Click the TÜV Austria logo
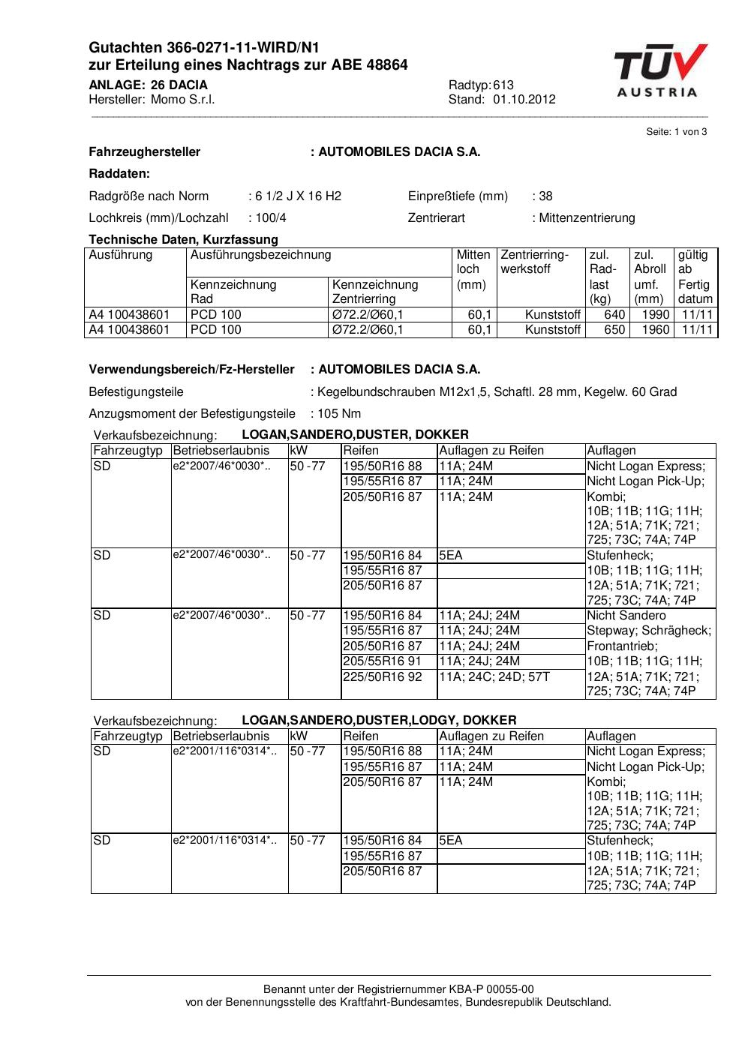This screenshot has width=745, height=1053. click(x=659, y=71)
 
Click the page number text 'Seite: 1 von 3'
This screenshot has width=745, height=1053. click(x=676, y=132)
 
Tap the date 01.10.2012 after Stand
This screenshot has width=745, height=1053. click(x=524, y=100)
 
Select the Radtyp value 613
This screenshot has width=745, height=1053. click(x=503, y=85)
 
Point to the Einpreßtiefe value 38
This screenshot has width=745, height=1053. click(x=545, y=196)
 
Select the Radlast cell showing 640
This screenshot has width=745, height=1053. click(x=614, y=315)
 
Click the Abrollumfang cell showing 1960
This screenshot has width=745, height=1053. click(x=655, y=330)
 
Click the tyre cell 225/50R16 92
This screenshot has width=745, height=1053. click(x=383, y=676)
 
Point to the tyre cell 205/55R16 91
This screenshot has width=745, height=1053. click(x=383, y=661)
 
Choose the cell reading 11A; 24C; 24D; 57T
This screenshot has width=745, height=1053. click(x=494, y=676)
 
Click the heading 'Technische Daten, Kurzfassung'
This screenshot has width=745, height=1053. click(x=183, y=240)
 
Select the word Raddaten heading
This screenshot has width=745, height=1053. click(x=119, y=174)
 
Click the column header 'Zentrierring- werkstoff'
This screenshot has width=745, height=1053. click(x=535, y=262)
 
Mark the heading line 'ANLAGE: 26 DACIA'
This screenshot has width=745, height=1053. click(x=148, y=85)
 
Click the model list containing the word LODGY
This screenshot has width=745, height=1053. click(x=379, y=721)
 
